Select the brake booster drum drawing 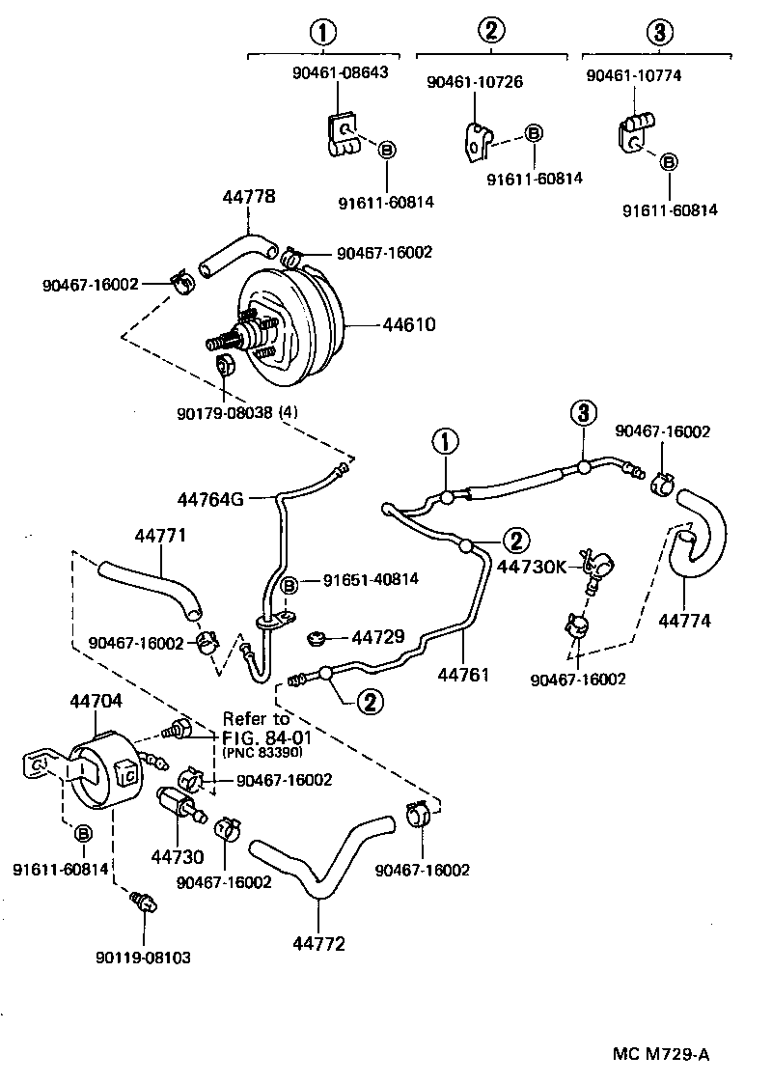289,328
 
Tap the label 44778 249,197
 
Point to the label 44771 160,535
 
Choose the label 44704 96,703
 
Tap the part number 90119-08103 143,958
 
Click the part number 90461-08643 339,73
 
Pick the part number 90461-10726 475,82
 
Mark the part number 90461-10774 633,73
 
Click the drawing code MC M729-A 661,1054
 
